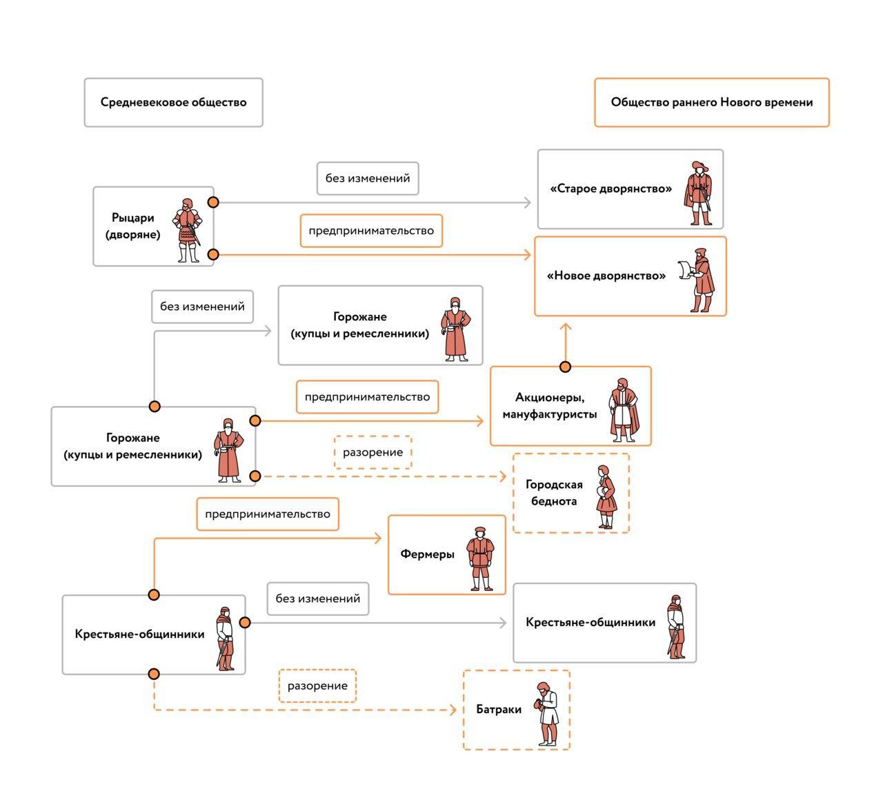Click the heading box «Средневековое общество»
click(x=173, y=102)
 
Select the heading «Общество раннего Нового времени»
click(x=711, y=102)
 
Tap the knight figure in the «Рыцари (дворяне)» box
click(x=188, y=231)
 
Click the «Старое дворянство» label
click(x=611, y=188)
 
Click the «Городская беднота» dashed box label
click(x=554, y=493)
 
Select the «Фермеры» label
click(x=427, y=554)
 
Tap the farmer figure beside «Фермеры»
click(x=481, y=559)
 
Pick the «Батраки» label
click(x=499, y=709)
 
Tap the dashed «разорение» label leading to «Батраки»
click(x=317, y=686)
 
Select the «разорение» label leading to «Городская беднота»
click(x=373, y=452)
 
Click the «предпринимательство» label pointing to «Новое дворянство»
click(x=371, y=231)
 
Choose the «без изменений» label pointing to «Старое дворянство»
click(x=368, y=178)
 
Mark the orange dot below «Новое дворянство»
click(x=565, y=367)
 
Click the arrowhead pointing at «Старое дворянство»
click(x=528, y=202)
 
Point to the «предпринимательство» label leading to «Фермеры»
click(x=268, y=514)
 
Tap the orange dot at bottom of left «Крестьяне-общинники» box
click(x=154, y=674)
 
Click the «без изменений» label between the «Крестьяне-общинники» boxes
click(x=317, y=599)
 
